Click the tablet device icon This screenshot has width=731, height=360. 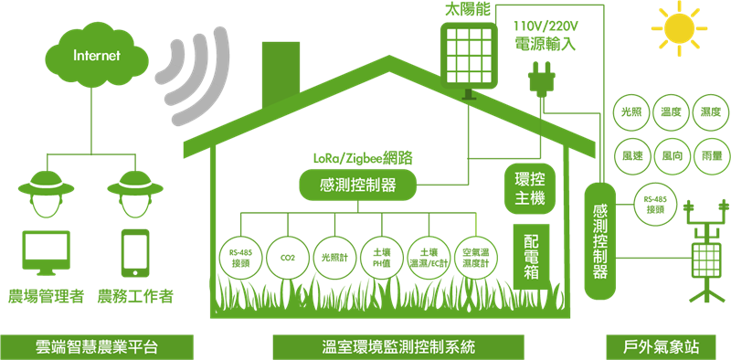point(135,252)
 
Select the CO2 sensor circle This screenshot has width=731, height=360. point(287,258)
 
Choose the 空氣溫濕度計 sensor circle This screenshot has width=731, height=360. point(475,258)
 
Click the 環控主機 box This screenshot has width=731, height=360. point(525,186)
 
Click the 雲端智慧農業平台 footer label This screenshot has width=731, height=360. point(99,346)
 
